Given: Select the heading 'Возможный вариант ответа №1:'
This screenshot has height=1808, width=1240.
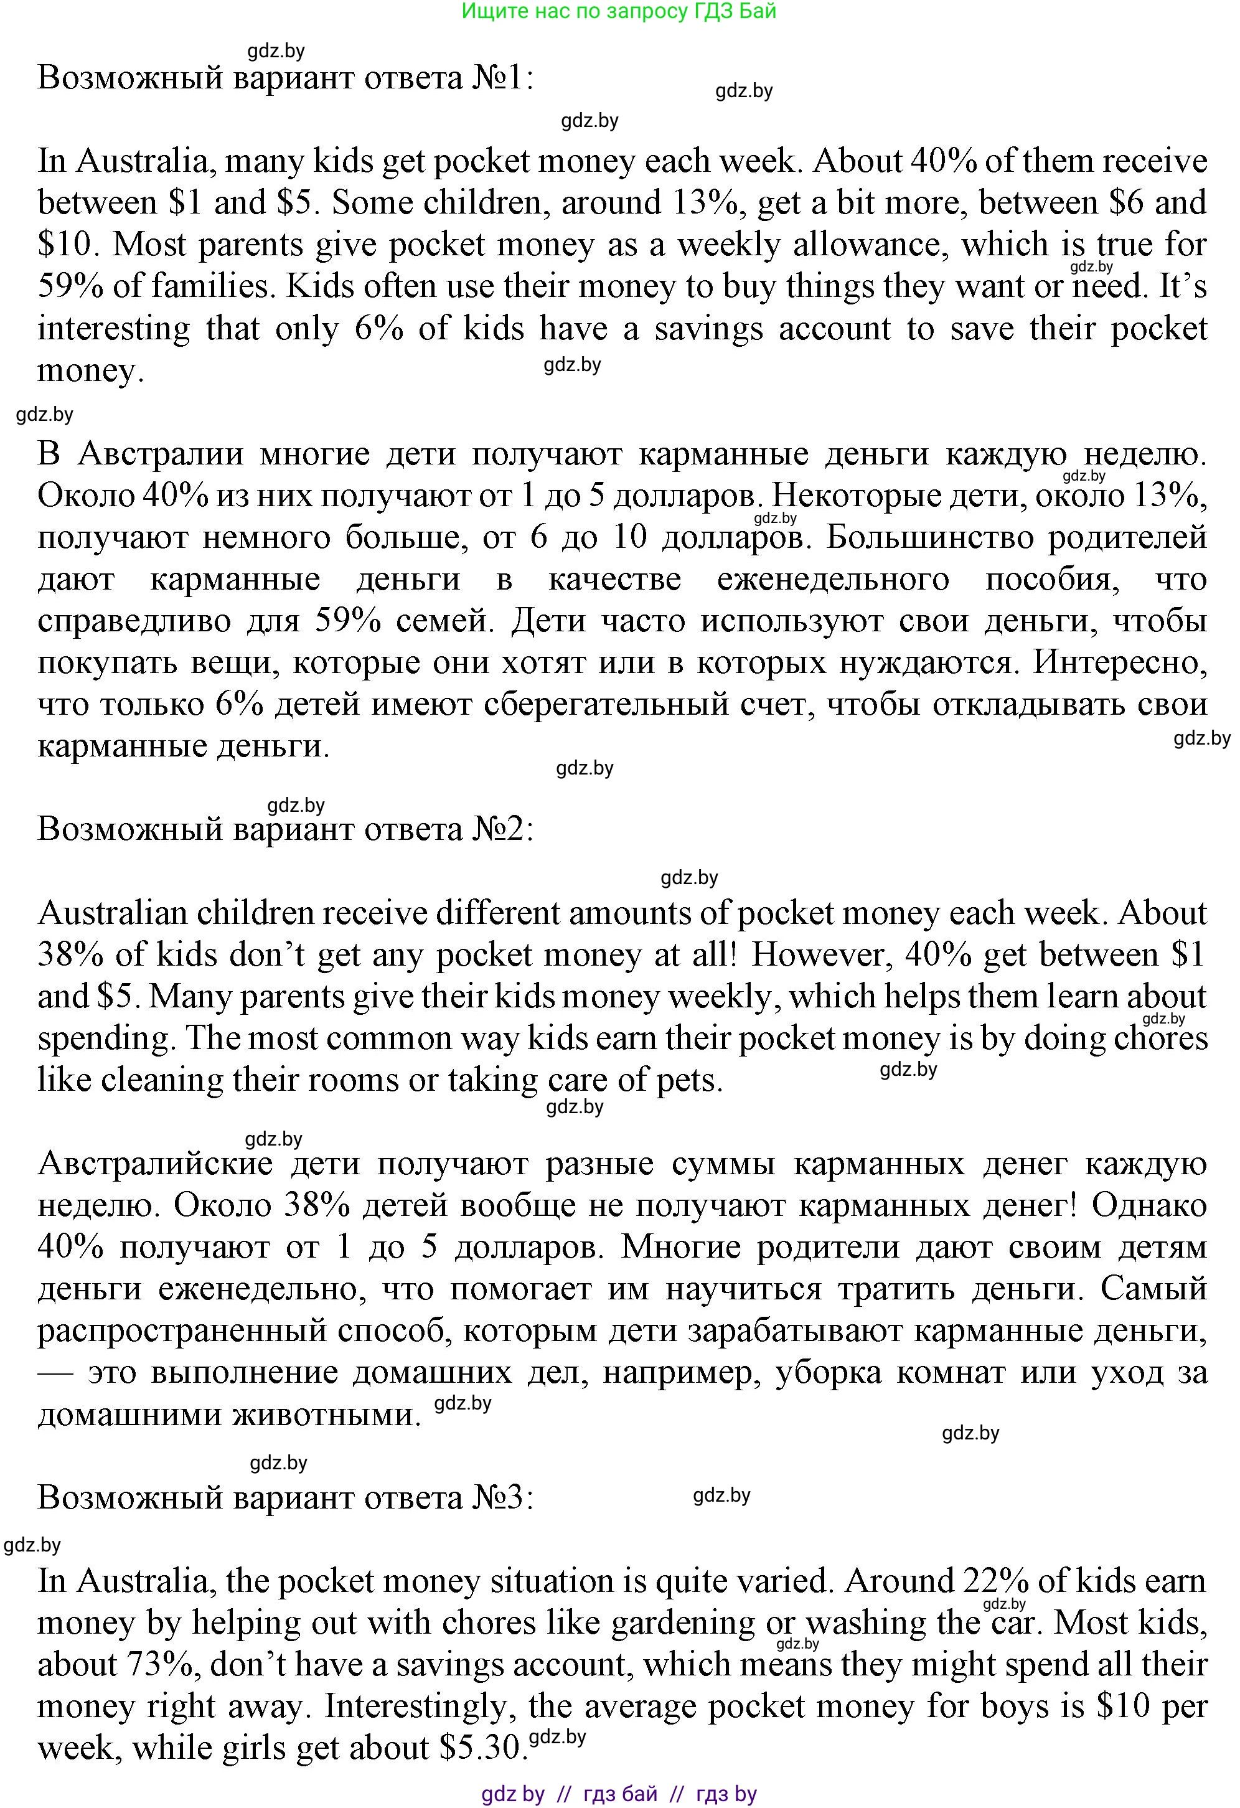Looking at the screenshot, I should coord(286,78).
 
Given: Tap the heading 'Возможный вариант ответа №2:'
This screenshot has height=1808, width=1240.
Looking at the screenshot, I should coord(286,830).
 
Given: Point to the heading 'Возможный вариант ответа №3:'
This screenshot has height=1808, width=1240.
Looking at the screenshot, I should coord(286,1497).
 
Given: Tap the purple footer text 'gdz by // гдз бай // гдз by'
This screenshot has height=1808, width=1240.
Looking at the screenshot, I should coord(619,1794).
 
